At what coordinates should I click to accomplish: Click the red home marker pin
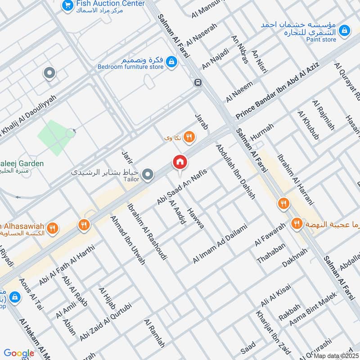(x=180, y=162)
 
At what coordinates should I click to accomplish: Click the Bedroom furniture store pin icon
(x=171, y=62)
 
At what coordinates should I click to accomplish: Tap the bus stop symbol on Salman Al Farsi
(x=198, y=82)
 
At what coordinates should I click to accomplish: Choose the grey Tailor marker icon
(x=147, y=174)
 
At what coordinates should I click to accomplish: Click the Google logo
(x=19, y=353)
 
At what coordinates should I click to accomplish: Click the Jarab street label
(x=201, y=122)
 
